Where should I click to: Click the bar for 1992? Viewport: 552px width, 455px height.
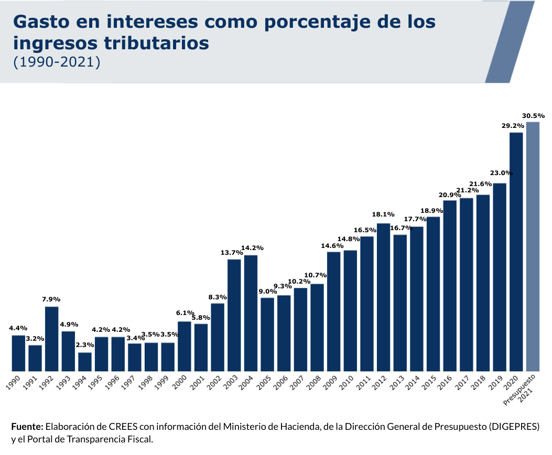(51, 339)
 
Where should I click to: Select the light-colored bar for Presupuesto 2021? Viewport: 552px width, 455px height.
(533, 246)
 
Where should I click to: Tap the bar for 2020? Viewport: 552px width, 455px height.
(516, 252)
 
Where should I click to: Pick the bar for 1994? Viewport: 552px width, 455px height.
(85, 362)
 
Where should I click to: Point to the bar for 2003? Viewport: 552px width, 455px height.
(234, 315)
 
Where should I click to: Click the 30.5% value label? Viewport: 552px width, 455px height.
(533, 116)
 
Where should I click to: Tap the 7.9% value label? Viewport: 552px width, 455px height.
(51, 299)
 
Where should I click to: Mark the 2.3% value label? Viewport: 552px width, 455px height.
(85, 345)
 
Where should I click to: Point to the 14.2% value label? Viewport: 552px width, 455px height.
(252, 248)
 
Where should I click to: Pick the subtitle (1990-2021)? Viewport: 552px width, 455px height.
(56, 61)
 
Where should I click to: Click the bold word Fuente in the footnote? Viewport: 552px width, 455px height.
(27, 426)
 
